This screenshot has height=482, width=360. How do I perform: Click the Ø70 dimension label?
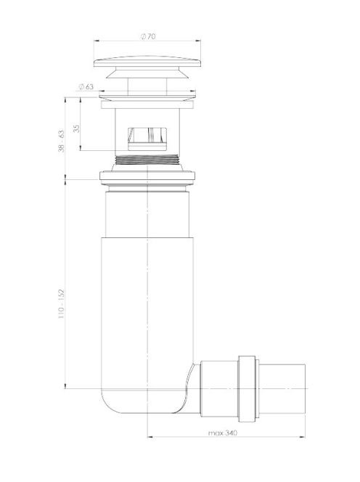tap(148, 36)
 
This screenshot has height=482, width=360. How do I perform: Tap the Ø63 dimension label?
tap(86, 86)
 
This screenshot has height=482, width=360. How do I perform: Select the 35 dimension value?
tap(76, 128)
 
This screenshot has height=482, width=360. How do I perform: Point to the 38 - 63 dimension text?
tap(62, 141)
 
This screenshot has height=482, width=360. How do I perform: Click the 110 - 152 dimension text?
tap(62, 303)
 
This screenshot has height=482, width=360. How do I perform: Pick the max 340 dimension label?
tap(223, 433)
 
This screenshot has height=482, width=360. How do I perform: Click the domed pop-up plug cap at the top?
tap(147, 62)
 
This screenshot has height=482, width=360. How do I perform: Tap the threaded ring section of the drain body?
tap(147, 160)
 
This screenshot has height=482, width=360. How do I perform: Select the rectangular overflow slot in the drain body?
tap(147, 139)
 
